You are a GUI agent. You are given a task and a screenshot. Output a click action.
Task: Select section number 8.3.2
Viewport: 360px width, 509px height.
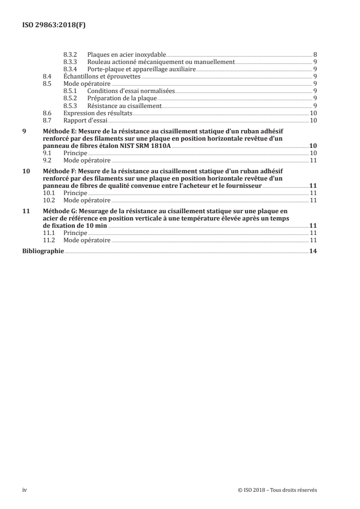point(70,54)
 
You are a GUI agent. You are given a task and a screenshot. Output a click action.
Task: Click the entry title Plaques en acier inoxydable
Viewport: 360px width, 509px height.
point(127,54)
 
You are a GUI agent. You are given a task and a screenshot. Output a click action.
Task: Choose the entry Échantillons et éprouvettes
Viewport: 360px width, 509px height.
point(102,77)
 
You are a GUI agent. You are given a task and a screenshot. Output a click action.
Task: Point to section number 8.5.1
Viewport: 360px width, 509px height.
point(70,91)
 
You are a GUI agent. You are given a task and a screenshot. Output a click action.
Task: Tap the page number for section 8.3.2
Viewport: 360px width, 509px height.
point(315,54)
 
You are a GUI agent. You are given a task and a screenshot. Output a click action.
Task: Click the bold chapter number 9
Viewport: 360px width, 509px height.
point(25,131)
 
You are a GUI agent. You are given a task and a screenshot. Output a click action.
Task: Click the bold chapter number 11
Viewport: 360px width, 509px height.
point(26,211)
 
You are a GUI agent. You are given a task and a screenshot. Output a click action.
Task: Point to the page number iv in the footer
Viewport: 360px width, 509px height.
point(25,490)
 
